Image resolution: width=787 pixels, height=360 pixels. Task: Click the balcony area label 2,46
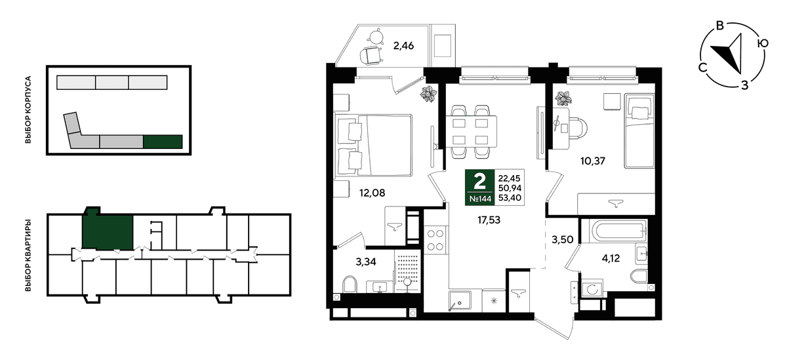(403, 46)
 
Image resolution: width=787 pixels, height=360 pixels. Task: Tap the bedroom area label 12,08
(372, 193)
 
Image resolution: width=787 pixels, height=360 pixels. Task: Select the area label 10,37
(593, 161)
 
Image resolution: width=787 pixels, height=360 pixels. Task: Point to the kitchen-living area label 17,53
(489, 220)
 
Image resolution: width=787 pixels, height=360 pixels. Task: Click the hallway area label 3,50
(563, 240)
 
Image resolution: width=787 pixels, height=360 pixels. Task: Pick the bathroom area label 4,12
(611, 258)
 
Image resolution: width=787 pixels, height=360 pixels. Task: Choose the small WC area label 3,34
(366, 262)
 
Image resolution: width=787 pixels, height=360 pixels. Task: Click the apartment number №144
(480, 199)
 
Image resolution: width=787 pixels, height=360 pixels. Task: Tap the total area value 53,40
(510, 198)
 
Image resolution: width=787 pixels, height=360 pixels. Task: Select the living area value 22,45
(510, 179)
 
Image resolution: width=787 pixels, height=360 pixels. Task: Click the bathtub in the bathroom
(613, 231)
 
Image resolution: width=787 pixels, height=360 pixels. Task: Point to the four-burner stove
(435, 240)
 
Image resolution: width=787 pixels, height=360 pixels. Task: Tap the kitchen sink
(460, 300)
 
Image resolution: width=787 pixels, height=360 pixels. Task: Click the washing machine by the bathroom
(592, 290)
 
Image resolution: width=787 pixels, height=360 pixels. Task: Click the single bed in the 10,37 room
(639, 130)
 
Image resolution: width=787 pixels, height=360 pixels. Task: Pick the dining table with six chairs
(471, 132)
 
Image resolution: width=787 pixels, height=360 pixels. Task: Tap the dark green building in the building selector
(163, 142)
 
